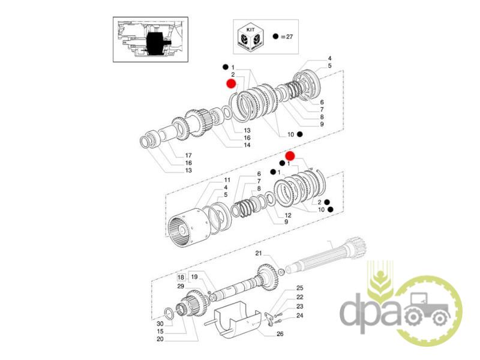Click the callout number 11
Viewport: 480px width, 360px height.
227,180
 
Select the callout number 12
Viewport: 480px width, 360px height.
288,215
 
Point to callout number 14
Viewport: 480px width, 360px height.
247,145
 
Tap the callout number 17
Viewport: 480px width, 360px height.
188,155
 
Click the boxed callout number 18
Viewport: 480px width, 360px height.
181,278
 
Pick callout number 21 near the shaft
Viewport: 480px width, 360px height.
259,253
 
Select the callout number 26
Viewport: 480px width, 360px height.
280,334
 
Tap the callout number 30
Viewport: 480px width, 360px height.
160,324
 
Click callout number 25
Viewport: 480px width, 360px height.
299,288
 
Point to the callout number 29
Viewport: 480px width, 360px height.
181,286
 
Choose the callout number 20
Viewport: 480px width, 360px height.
160,339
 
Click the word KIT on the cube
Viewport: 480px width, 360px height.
250,30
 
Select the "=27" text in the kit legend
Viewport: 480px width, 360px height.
287,37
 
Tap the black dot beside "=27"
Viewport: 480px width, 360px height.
275,37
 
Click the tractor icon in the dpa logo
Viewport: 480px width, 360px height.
428,310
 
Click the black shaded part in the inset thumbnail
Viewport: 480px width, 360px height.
156,43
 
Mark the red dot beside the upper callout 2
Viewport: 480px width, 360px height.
230,83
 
